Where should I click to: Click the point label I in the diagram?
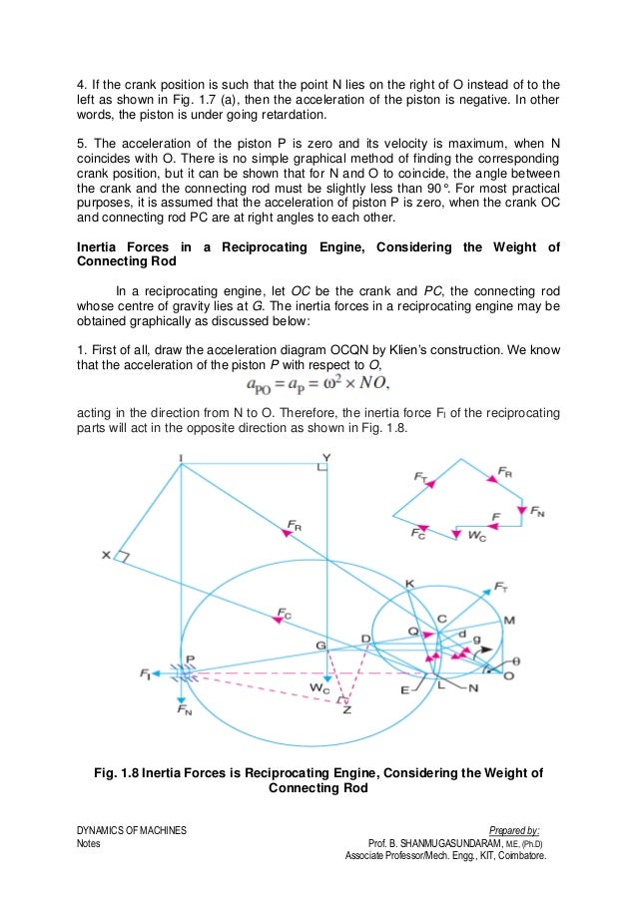coord(182,459)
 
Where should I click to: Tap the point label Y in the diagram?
coord(325,458)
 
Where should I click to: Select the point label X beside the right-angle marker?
coord(105,555)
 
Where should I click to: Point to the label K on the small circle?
coord(408,583)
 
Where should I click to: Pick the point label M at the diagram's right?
coord(509,621)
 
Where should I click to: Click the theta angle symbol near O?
coord(515,661)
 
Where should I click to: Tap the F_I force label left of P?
coord(147,675)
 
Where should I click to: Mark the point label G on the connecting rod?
coord(320,647)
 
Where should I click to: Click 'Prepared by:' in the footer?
coord(515,830)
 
